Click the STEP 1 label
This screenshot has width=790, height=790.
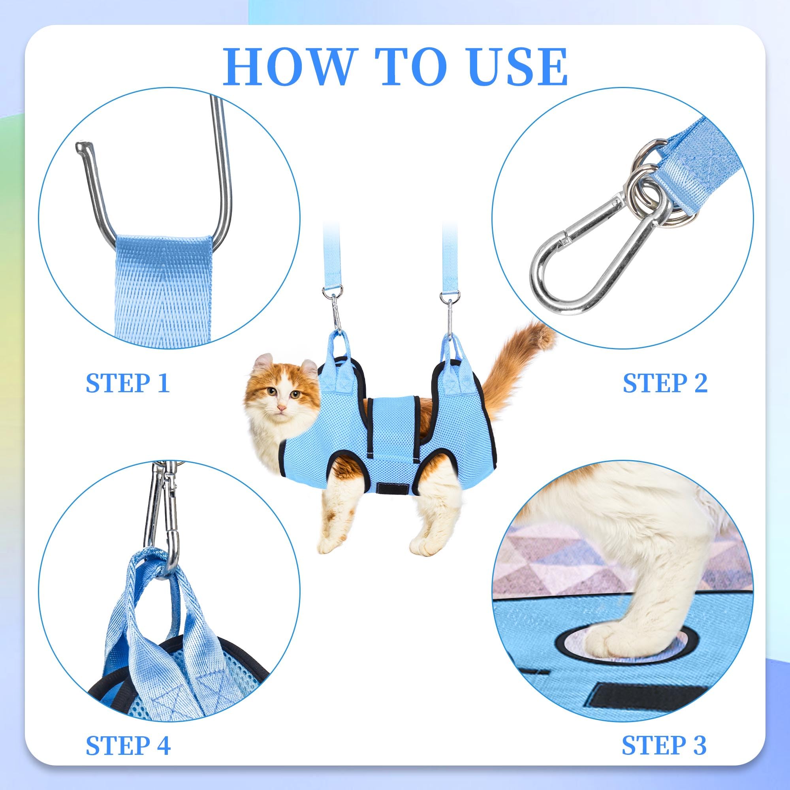point(128,383)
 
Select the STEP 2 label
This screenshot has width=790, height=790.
point(665,383)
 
